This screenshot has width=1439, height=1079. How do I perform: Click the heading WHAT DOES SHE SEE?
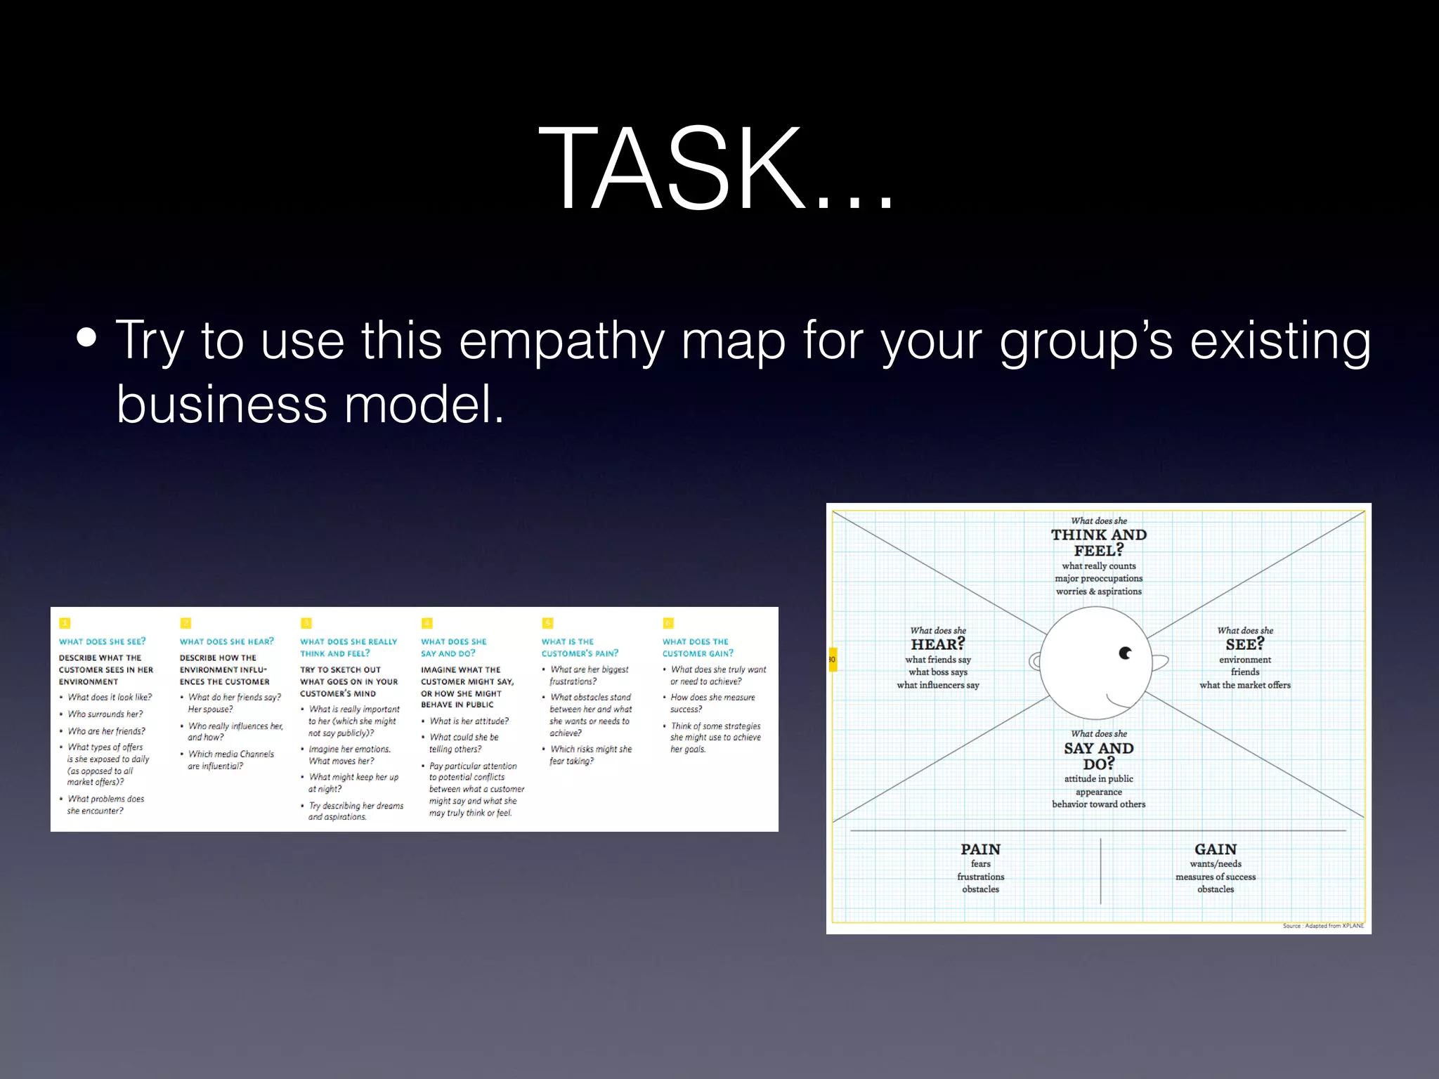tap(103, 641)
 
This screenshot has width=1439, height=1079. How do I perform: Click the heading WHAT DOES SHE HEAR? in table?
tap(227, 641)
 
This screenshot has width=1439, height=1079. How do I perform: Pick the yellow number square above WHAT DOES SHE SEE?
tap(65, 623)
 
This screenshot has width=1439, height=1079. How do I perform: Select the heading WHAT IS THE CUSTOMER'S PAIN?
tap(579, 647)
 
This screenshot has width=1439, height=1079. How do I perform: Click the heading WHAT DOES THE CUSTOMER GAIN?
tap(697, 647)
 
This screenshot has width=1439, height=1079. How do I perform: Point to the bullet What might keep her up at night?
tap(353, 783)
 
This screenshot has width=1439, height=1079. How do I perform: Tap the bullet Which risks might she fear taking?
tap(590, 754)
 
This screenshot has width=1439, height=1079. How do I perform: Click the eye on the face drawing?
tap(1125, 653)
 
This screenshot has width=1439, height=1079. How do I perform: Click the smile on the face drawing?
tap(1121, 700)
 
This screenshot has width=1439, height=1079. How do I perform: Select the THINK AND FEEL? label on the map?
tap(1098, 542)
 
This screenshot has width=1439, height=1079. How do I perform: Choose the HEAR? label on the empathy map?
tap(937, 644)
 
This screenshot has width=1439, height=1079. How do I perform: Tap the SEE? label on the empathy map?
tap(1244, 644)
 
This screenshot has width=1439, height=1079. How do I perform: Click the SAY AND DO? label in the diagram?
tap(1098, 755)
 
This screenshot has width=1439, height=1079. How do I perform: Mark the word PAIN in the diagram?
tap(980, 849)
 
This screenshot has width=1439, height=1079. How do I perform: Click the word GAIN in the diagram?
tap(1215, 849)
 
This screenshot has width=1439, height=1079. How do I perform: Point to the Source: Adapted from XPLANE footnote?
tap(1322, 926)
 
